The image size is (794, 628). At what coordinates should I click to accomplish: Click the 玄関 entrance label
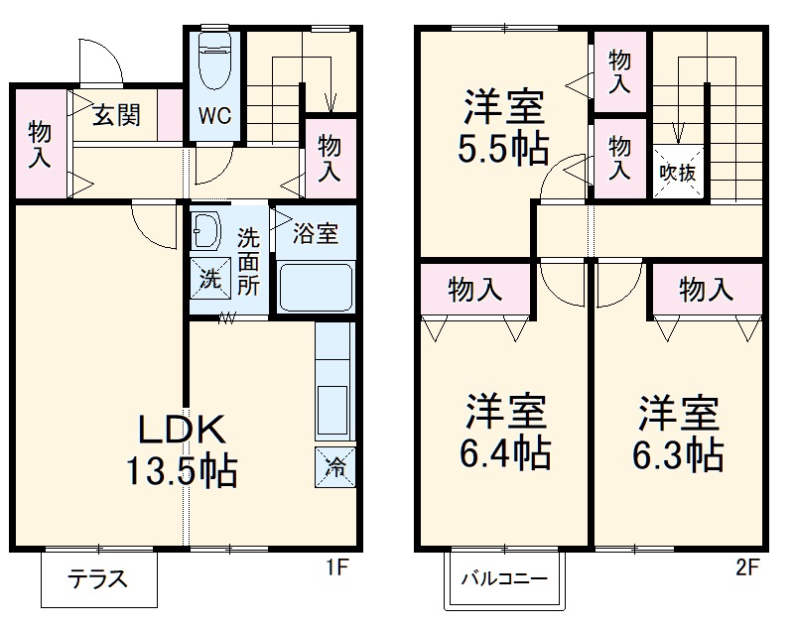click(x=116, y=116)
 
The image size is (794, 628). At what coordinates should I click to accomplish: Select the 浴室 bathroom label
click(x=315, y=235)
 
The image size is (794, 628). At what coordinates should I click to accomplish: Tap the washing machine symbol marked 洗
click(x=210, y=279)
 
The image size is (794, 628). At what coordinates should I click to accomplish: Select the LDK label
click(x=183, y=429)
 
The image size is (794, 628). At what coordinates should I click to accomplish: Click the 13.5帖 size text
click(x=181, y=469)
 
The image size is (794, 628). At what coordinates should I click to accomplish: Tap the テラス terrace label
click(x=98, y=580)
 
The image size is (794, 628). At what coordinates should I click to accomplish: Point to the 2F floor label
click(x=746, y=569)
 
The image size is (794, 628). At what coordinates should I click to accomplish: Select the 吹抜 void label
click(x=679, y=171)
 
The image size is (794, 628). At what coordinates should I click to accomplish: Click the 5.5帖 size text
click(x=503, y=148)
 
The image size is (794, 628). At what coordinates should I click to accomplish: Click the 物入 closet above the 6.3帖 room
click(x=706, y=290)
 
